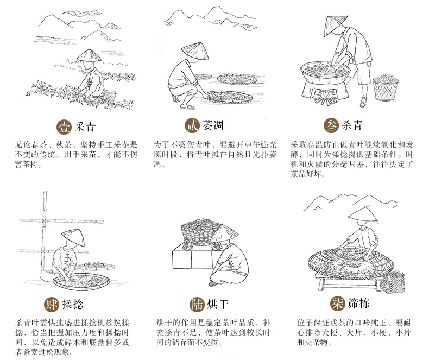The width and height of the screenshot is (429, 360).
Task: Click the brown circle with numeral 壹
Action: tap(64, 127)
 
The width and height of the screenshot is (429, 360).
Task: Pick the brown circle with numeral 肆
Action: tap(52, 303)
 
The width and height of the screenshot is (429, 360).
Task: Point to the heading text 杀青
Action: tap(351, 126)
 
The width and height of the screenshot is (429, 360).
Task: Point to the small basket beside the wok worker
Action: tap(386, 86)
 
